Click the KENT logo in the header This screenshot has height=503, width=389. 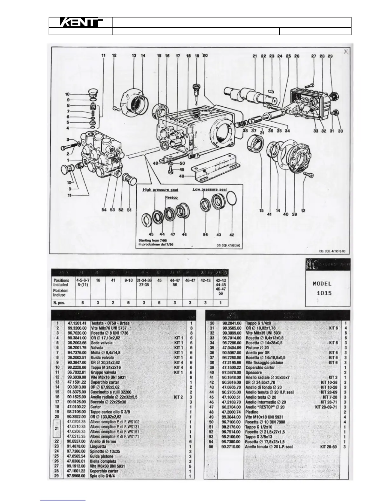point(81,23)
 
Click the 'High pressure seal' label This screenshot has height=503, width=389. point(160,190)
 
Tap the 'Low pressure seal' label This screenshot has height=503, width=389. point(210,189)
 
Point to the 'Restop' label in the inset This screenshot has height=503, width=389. point(171,197)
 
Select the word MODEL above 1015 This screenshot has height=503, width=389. point(322,284)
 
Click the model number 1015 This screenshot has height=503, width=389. point(324,293)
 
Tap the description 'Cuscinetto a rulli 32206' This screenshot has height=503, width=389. point(111,392)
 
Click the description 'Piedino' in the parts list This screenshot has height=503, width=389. point(252,412)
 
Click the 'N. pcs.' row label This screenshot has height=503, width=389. point(59,303)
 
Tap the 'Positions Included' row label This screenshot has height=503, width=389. point(61,283)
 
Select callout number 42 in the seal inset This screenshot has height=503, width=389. point(232,235)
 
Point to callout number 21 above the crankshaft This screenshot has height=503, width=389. point(255,56)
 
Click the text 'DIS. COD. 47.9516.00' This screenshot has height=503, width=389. point(332,251)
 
